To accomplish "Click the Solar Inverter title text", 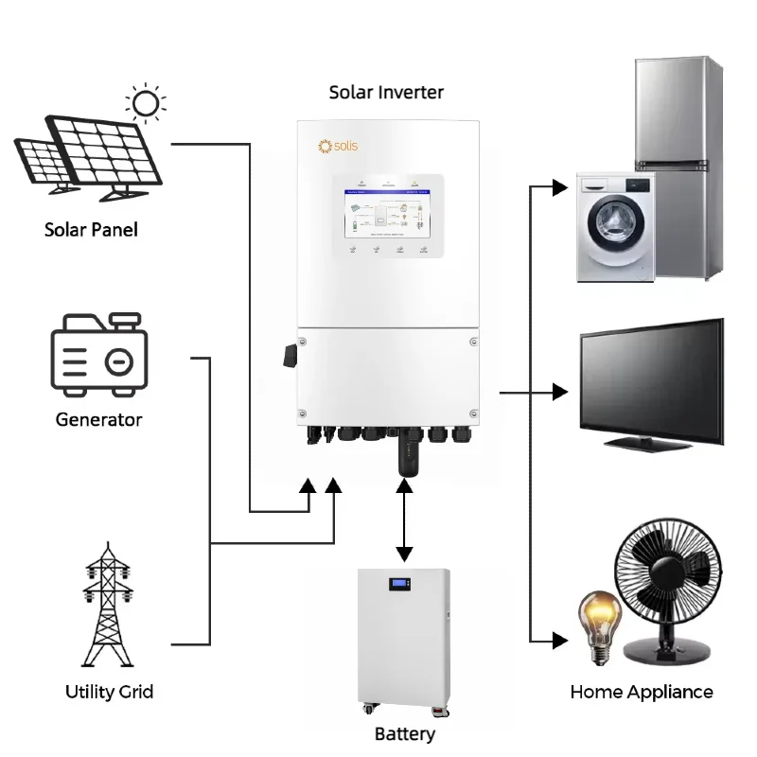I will point(386,92).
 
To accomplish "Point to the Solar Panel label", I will point(91,230).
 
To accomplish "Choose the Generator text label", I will point(99,419).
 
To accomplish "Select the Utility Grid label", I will point(110,692).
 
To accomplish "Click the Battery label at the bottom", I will point(405,734).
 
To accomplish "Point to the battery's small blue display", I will point(403,585).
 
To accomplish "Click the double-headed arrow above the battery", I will point(405,521).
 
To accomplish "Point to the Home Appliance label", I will point(642,692).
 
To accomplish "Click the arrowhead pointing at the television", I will point(561,391).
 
